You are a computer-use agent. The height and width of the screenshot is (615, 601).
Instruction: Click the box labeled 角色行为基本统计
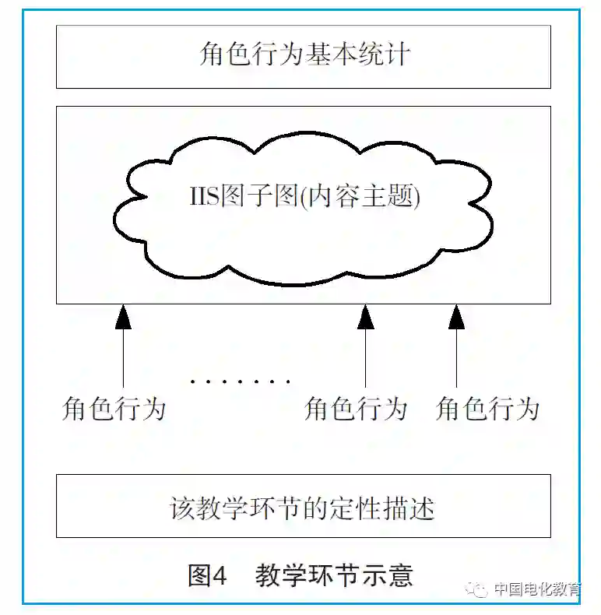click(x=303, y=57)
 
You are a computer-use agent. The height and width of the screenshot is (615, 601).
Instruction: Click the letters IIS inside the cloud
click(x=204, y=196)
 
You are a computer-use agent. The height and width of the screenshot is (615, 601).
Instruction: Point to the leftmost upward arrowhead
click(x=123, y=317)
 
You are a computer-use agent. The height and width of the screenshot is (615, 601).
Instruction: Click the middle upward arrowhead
click(x=366, y=317)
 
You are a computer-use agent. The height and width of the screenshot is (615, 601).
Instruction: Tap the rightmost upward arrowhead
click(x=457, y=317)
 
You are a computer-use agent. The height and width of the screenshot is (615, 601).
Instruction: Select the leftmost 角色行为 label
click(x=114, y=409)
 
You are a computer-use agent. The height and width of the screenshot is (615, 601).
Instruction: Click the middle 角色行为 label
click(x=357, y=409)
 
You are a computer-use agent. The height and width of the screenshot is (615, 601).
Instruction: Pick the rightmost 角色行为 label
click(x=488, y=409)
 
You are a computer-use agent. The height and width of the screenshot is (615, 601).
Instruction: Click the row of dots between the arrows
click(x=240, y=382)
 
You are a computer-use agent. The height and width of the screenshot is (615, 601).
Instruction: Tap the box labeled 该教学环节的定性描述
click(x=303, y=507)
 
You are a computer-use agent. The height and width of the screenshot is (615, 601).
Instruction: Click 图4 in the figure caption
click(x=207, y=576)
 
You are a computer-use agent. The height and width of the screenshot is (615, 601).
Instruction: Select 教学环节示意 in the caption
click(x=334, y=576)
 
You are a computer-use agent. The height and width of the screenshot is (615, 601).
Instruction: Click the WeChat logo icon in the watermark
click(x=478, y=589)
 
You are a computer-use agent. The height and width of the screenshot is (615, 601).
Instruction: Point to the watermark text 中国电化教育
click(x=538, y=589)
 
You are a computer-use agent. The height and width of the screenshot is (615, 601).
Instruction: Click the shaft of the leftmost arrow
click(x=123, y=358)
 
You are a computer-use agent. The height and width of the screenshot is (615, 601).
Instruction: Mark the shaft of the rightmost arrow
click(x=457, y=358)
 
